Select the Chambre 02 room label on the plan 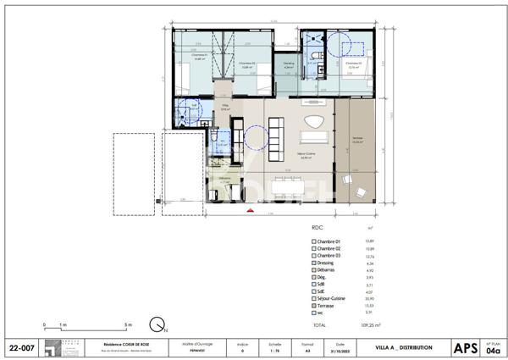(x=246, y=64)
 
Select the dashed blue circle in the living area (x=256, y=137)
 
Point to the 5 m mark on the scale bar (x=128, y=324)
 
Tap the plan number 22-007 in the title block (x=22, y=347)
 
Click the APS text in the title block (x=464, y=347)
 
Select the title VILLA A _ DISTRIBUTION (x=404, y=347)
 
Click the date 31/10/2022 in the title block (x=340, y=350)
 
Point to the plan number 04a (x=493, y=350)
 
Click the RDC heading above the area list (x=317, y=228)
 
